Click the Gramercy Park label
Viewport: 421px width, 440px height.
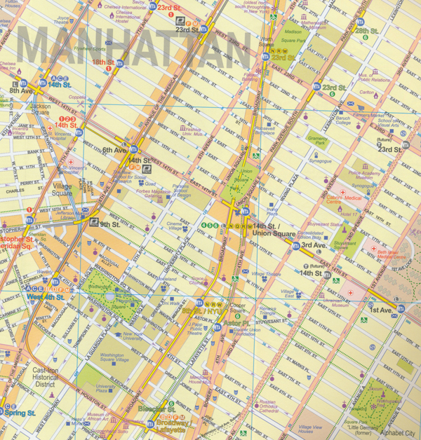(x=317, y=141)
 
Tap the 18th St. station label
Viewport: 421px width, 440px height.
(x=103, y=62)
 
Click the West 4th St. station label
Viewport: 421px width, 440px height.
(x=46, y=297)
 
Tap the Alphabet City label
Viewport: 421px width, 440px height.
(x=396, y=434)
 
